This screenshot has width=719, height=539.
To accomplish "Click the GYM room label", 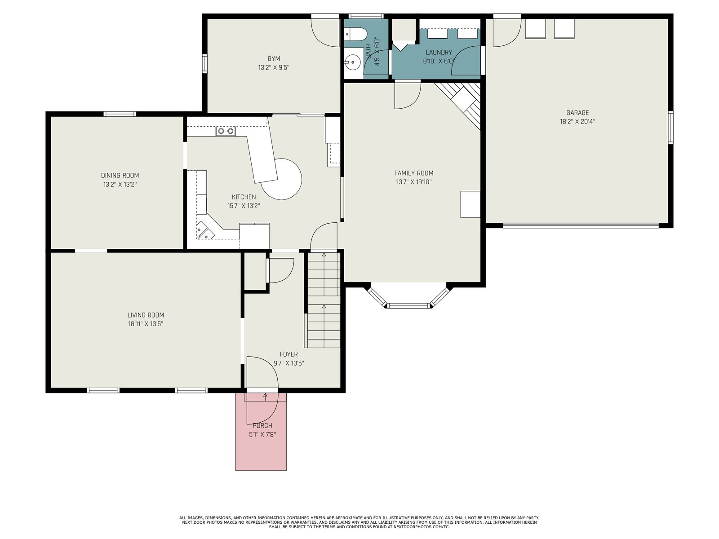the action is (274, 59).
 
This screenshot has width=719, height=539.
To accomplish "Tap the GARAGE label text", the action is (577, 113).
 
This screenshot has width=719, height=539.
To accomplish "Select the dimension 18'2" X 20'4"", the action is (577, 122).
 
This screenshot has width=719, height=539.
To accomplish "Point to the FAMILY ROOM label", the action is (413, 173).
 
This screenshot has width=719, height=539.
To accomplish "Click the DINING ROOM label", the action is (120, 176).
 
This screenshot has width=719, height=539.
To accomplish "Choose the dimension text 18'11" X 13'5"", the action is (146, 324).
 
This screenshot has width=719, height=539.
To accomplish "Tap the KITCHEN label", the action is (244, 197).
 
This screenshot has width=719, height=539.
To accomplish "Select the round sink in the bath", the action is (352, 61).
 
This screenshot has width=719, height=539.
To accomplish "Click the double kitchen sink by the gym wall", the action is (226, 131).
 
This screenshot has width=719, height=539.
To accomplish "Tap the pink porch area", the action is (261, 431).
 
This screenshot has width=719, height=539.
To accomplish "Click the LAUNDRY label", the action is (439, 53).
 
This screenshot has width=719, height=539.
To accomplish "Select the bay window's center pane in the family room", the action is (408, 306).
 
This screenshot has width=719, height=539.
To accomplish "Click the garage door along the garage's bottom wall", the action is (581, 225).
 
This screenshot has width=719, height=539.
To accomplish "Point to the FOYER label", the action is (288, 354).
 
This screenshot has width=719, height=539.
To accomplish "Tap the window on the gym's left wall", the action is (205, 63).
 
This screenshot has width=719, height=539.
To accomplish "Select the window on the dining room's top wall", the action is (120, 114).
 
